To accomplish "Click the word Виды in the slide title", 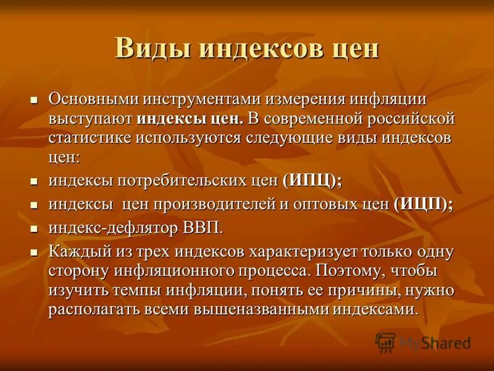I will click(147, 48).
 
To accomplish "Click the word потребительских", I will click(183, 182).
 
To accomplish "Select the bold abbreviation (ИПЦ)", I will click(312, 182).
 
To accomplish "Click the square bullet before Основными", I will click(35, 99).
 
